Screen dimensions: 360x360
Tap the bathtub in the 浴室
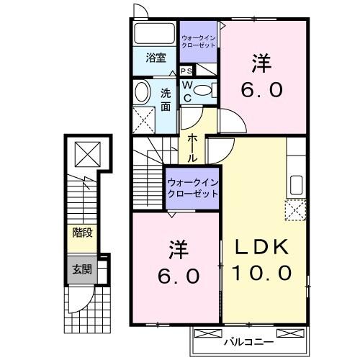(153, 34)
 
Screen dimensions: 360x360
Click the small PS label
(186, 71)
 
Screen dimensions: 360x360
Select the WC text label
(186, 91)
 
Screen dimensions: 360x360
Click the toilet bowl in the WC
(205, 90)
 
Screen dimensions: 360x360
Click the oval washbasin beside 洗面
(142, 91)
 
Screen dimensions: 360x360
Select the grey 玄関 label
(81, 270)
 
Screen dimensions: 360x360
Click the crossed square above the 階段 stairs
(86, 153)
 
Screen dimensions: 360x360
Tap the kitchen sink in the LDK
(295, 184)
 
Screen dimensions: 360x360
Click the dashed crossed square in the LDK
(295, 210)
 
